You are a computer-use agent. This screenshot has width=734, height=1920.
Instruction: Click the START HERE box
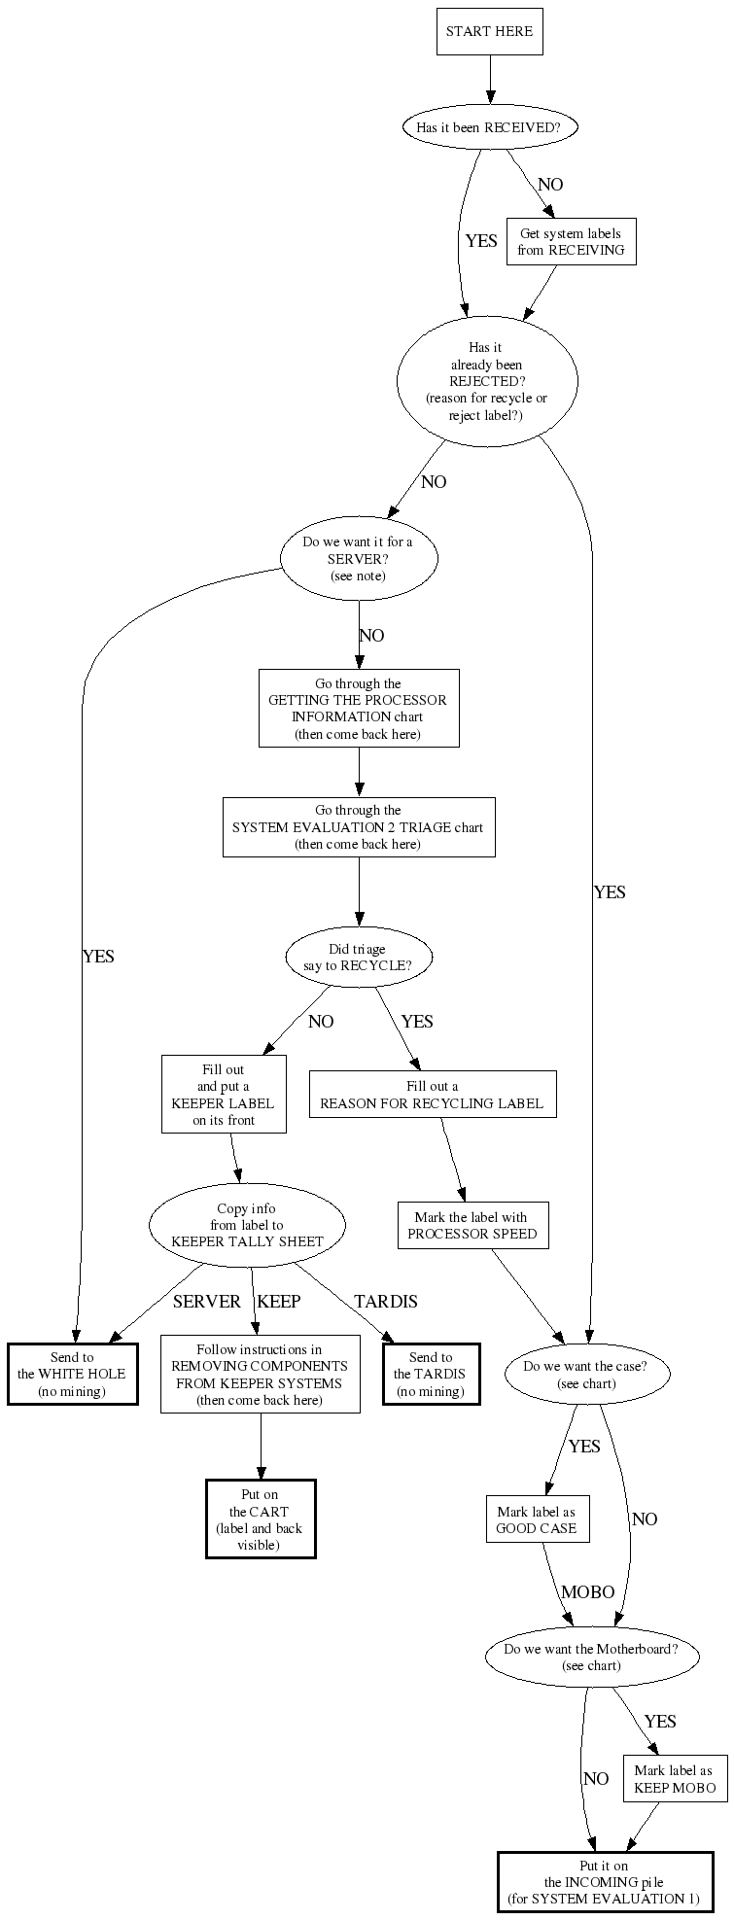(x=489, y=31)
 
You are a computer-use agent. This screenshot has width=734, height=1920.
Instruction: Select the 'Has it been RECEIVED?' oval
(x=489, y=127)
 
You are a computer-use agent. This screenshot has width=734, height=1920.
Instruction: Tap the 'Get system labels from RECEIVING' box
(x=571, y=242)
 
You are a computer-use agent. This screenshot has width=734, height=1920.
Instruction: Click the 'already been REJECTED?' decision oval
(x=486, y=381)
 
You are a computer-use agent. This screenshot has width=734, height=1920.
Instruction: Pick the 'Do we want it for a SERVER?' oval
(x=358, y=559)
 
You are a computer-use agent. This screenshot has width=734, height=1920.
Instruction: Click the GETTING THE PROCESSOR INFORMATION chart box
(x=358, y=709)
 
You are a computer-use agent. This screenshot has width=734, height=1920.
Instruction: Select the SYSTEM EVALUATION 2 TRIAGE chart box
(x=358, y=827)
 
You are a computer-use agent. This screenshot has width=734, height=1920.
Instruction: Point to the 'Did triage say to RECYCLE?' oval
(x=358, y=958)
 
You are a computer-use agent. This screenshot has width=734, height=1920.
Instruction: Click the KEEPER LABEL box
(x=224, y=1095)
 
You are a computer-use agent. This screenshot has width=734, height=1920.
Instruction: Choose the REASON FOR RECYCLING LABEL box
(x=433, y=1095)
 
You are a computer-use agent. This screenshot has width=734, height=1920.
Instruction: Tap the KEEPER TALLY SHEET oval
(x=247, y=1225)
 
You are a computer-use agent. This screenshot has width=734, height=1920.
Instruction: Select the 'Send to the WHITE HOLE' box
(x=72, y=1375)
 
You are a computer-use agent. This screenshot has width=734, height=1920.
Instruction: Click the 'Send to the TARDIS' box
(x=430, y=1375)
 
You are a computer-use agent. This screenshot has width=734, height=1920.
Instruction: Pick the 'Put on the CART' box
(x=260, y=1519)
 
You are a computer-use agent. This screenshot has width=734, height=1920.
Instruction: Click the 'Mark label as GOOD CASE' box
(x=537, y=1519)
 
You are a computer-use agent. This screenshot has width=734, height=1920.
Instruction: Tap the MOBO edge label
(x=588, y=1592)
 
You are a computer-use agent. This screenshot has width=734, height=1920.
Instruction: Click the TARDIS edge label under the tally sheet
(x=385, y=1302)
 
